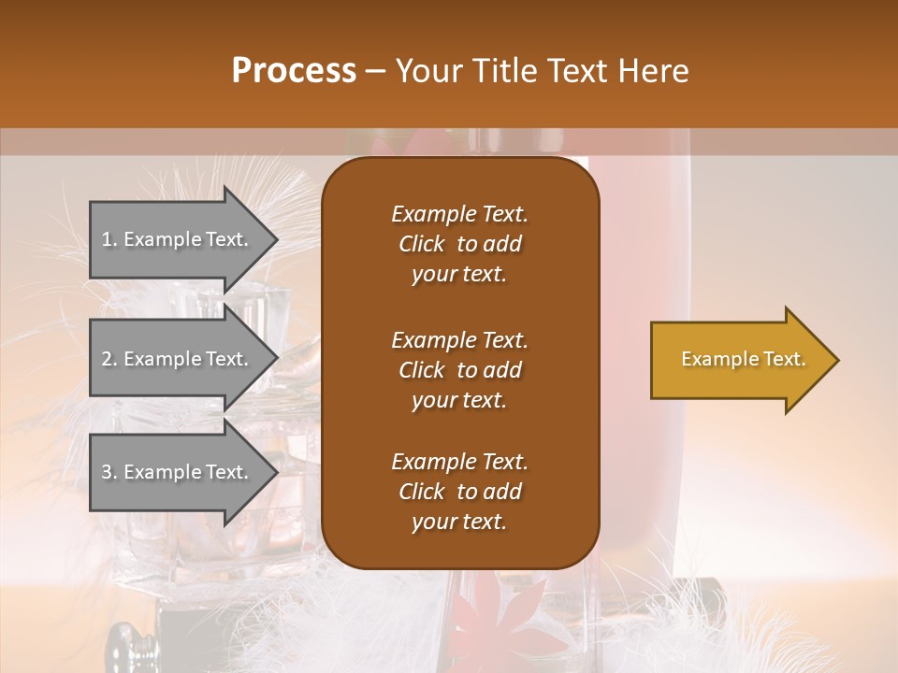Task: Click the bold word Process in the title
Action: click(x=294, y=71)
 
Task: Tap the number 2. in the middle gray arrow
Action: click(x=109, y=359)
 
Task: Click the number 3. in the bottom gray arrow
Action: click(x=109, y=472)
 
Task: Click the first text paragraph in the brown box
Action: click(x=459, y=244)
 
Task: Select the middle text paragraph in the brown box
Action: click(x=459, y=370)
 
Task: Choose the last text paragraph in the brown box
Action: click(x=459, y=492)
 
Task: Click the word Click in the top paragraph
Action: click(x=422, y=244)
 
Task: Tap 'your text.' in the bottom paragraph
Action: click(x=459, y=523)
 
